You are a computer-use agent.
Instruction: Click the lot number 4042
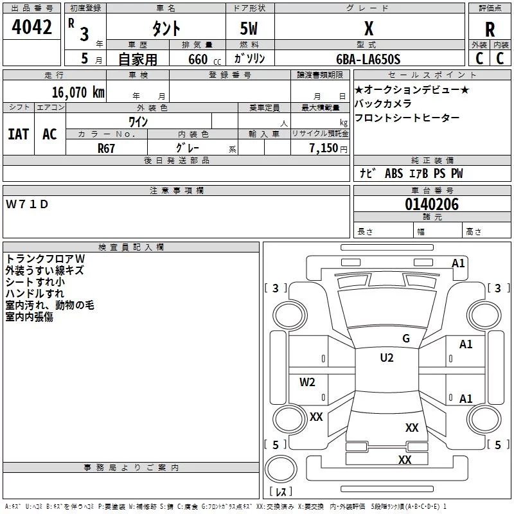tap(31, 27)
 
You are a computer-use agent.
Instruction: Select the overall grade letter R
tap(490, 30)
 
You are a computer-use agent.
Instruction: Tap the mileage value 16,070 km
tap(78, 93)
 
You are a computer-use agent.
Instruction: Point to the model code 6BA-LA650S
tap(368, 59)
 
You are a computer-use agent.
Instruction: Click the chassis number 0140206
tap(432, 204)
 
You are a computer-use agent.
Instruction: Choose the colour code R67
tap(106, 148)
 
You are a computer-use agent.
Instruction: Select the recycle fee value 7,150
tap(324, 148)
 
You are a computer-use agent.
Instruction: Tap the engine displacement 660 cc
tap(204, 59)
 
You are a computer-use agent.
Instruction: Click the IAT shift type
tap(19, 134)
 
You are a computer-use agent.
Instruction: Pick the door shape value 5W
tap(249, 28)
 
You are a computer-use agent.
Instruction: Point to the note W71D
tap(27, 204)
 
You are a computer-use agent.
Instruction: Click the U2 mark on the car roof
tap(387, 358)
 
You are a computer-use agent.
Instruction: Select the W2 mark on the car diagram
tap(307, 382)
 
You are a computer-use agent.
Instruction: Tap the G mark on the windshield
tap(406, 339)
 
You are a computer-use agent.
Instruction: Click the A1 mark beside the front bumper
tap(458, 263)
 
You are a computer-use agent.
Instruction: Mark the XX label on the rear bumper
tap(405, 459)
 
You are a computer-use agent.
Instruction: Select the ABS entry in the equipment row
tap(394, 173)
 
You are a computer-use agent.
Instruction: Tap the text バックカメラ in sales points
tap(383, 103)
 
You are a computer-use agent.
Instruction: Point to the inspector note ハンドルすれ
tap(35, 294)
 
